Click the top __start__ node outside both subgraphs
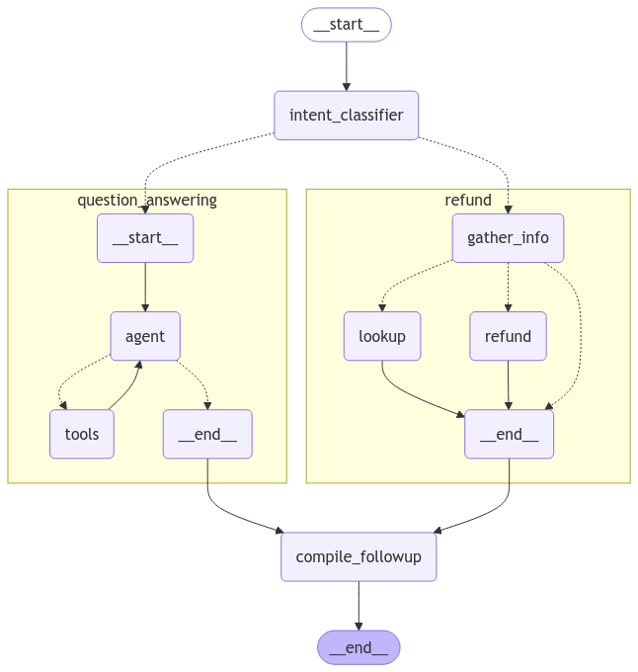point(346,25)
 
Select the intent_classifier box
point(346,116)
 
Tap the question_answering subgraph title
point(147,200)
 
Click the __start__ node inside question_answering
point(145,238)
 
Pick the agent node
point(145,336)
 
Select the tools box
point(82,434)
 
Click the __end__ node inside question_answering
point(207,434)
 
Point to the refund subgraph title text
point(468,200)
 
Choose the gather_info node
point(508,238)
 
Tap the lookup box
point(382,336)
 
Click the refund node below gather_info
point(508,336)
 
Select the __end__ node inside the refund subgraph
point(509,434)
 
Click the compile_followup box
point(359,556)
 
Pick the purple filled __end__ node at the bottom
point(359,647)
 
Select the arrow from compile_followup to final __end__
point(359,605)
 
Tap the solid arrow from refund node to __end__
point(508,384)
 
